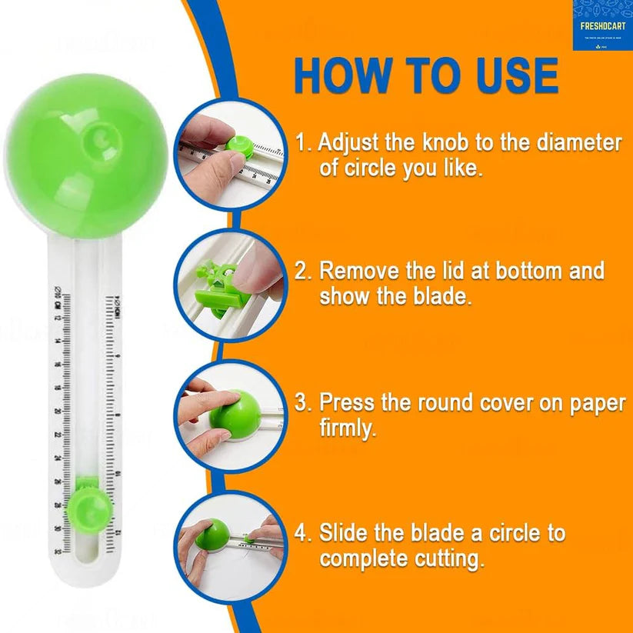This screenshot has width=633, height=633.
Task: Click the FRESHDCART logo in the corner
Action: click(601, 25)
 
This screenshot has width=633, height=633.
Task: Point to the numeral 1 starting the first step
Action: click(302, 143)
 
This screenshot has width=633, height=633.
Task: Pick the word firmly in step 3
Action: click(348, 428)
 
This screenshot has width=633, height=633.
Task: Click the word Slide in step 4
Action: click(345, 533)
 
